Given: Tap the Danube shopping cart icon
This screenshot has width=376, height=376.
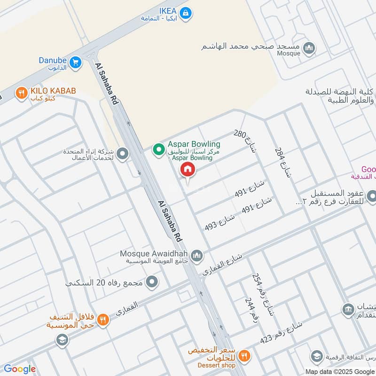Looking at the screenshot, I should pyautogui.click(x=74, y=62).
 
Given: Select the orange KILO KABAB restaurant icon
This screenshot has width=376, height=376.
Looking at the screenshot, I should pyautogui.click(x=21, y=93).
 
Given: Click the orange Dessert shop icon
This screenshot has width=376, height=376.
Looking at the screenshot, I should pyautogui.click(x=243, y=356).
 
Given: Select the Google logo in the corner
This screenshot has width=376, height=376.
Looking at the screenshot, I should pyautogui.click(x=19, y=369).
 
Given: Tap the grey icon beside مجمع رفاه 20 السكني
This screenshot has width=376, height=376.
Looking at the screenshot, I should pyautogui.click(x=151, y=282).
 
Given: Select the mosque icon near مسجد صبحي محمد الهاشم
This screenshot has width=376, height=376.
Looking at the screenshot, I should pyautogui.click(x=309, y=47).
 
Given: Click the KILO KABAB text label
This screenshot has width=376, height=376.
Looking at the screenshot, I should pyautogui.click(x=53, y=91).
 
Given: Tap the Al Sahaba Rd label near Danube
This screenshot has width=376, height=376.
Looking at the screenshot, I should pyautogui.click(x=106, y=84).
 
